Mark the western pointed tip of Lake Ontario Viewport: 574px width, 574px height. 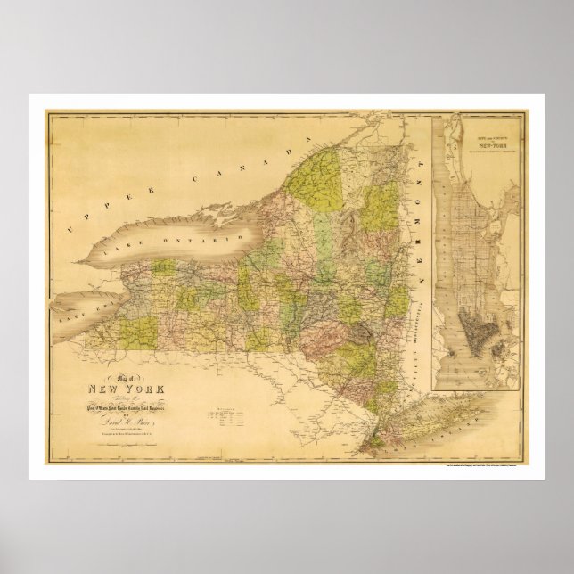pyautogui.click(x=78, y=264)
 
